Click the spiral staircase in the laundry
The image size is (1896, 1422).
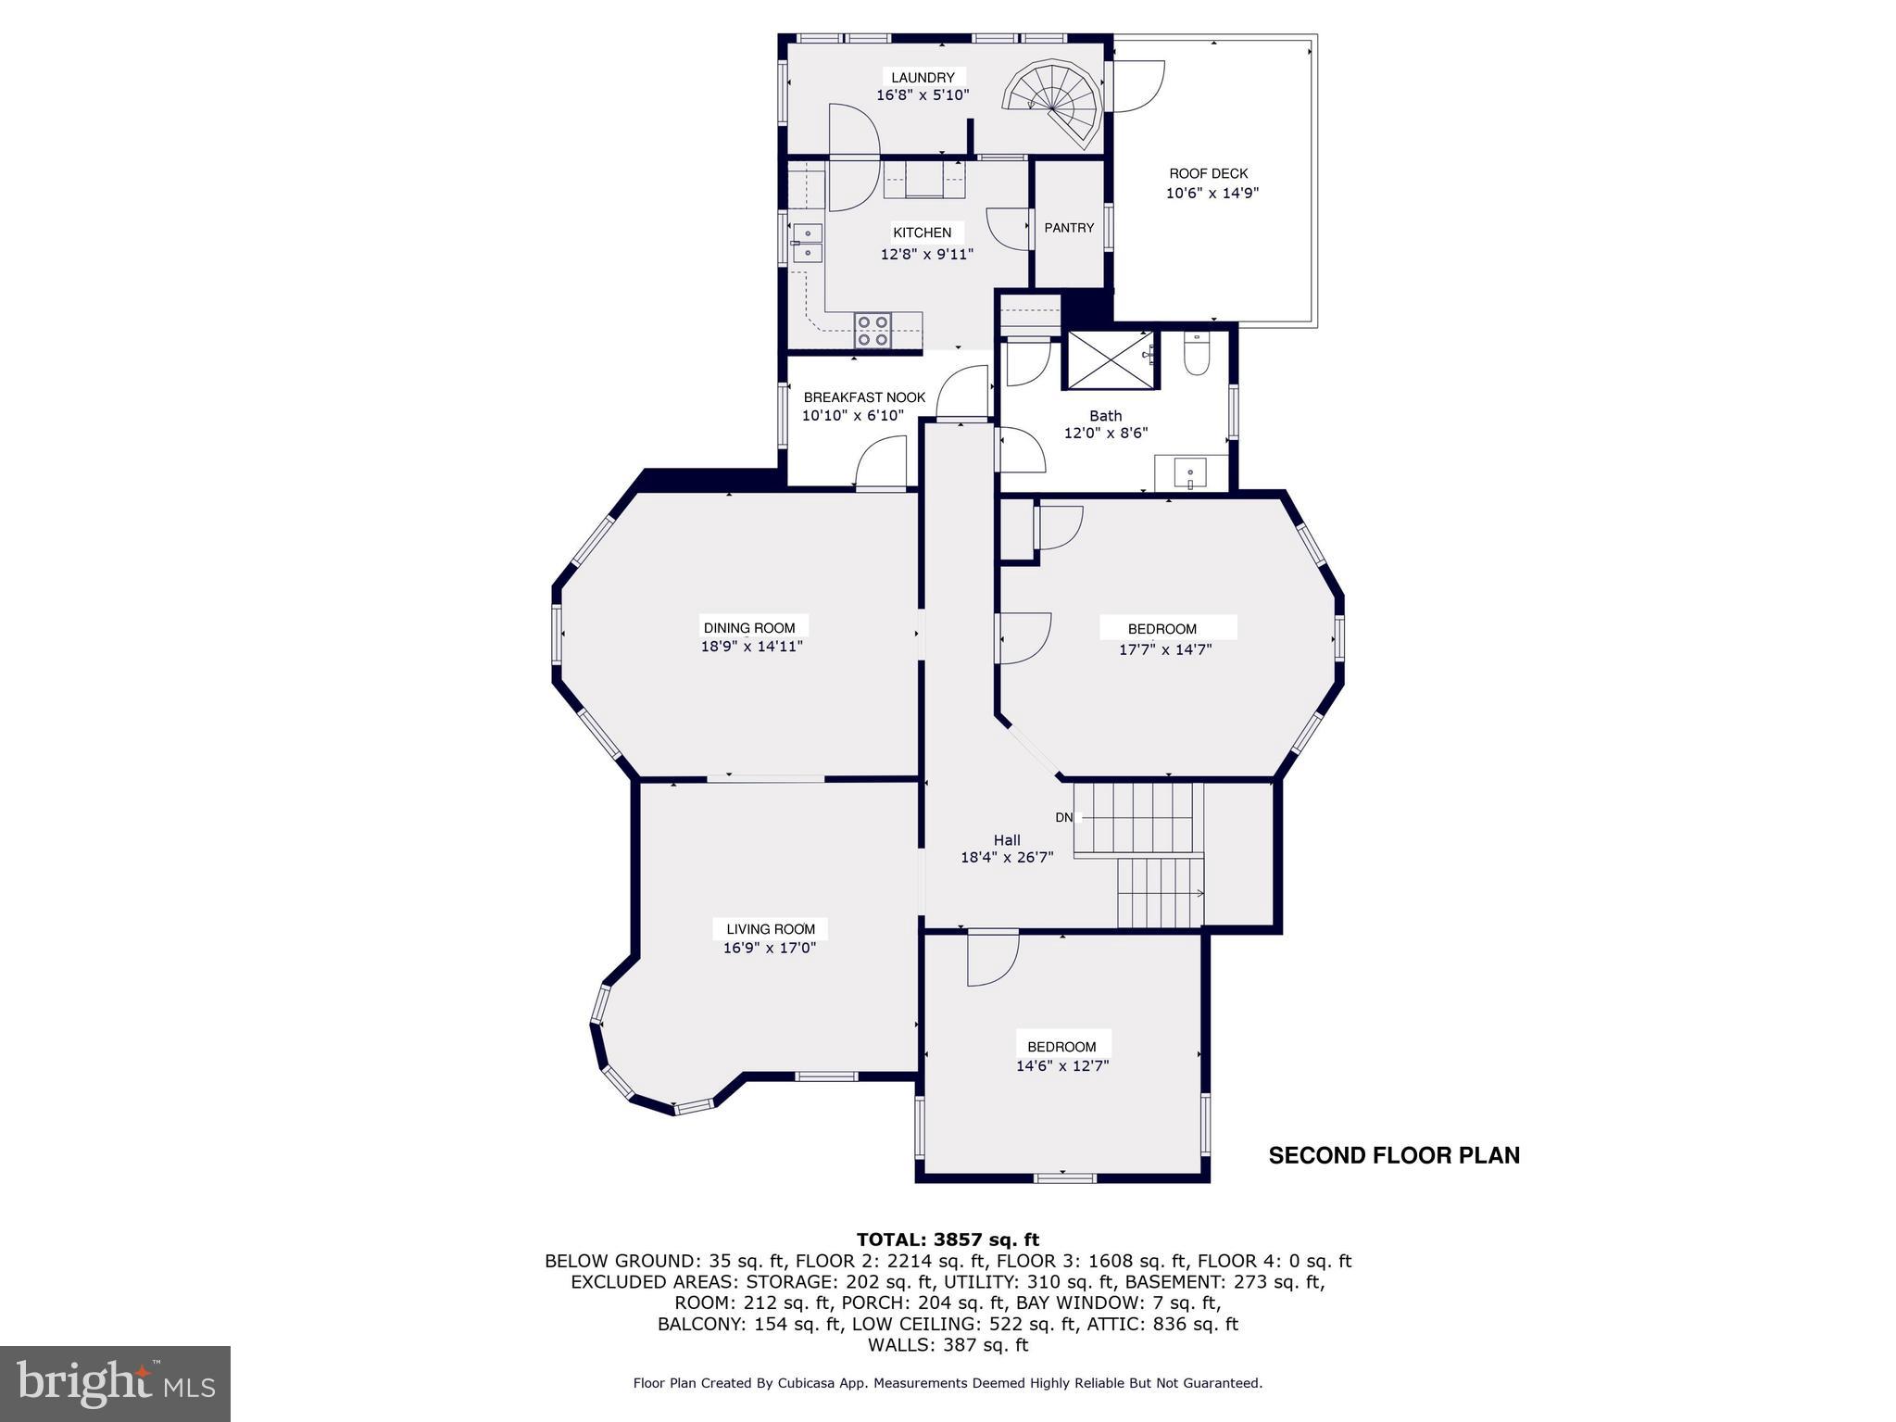pyautogui.click(x=1057, y=98)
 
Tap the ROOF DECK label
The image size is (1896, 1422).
pyautogui.click(x=1208, y=173)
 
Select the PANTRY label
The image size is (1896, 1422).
pyautogui.click(x=1069, y=228)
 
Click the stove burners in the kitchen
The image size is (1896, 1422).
pyautogui.click(x=224, y=331)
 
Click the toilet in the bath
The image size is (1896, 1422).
pyautogui.click(x=1197, y=356)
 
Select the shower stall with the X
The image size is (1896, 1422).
pyautogui.click(x=1111, y=359)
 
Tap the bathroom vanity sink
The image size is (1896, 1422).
pyautogui.click(x=1190, y=474)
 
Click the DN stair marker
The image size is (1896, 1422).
pyautogui.click(x=1064, y=817)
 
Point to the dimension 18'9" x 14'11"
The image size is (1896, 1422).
pyautogui.click(x=751, y=647)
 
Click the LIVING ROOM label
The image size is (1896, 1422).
pyautogui.click(x=771, y=929)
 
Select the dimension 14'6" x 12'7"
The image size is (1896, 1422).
pyautogui.click(x=1062, y=1065)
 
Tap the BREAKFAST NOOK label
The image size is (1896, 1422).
pyautogui.click(x=863, y=397)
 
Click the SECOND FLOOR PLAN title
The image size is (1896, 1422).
pyautogui.click(x=1394, y=1155)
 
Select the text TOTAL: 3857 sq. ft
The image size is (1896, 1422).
pyautogui.click(x=948, y=1240)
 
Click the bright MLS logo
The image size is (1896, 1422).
pyautogui.click(x=115, y=1382)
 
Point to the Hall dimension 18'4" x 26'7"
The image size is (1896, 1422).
pyautogui.click(x=1007, y=858)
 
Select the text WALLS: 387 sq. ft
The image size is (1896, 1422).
pyautogui.click(x=948, y=1344)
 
